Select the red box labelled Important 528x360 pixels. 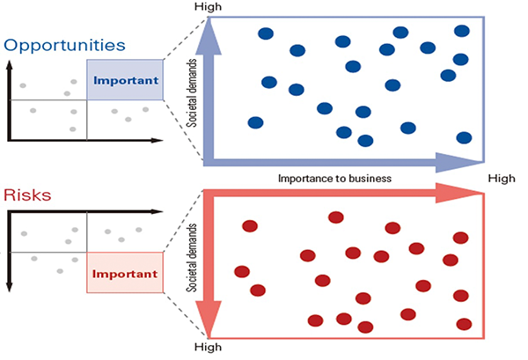125,273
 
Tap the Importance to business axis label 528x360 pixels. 334,178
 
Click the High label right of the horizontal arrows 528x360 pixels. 502,178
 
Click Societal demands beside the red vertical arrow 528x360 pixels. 193,257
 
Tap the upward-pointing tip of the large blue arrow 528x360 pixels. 209,24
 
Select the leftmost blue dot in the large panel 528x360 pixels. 255,122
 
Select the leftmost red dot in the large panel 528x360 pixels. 241,271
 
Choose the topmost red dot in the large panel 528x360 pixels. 335,217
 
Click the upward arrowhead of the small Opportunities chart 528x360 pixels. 9,68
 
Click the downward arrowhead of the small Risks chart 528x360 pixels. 9,285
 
